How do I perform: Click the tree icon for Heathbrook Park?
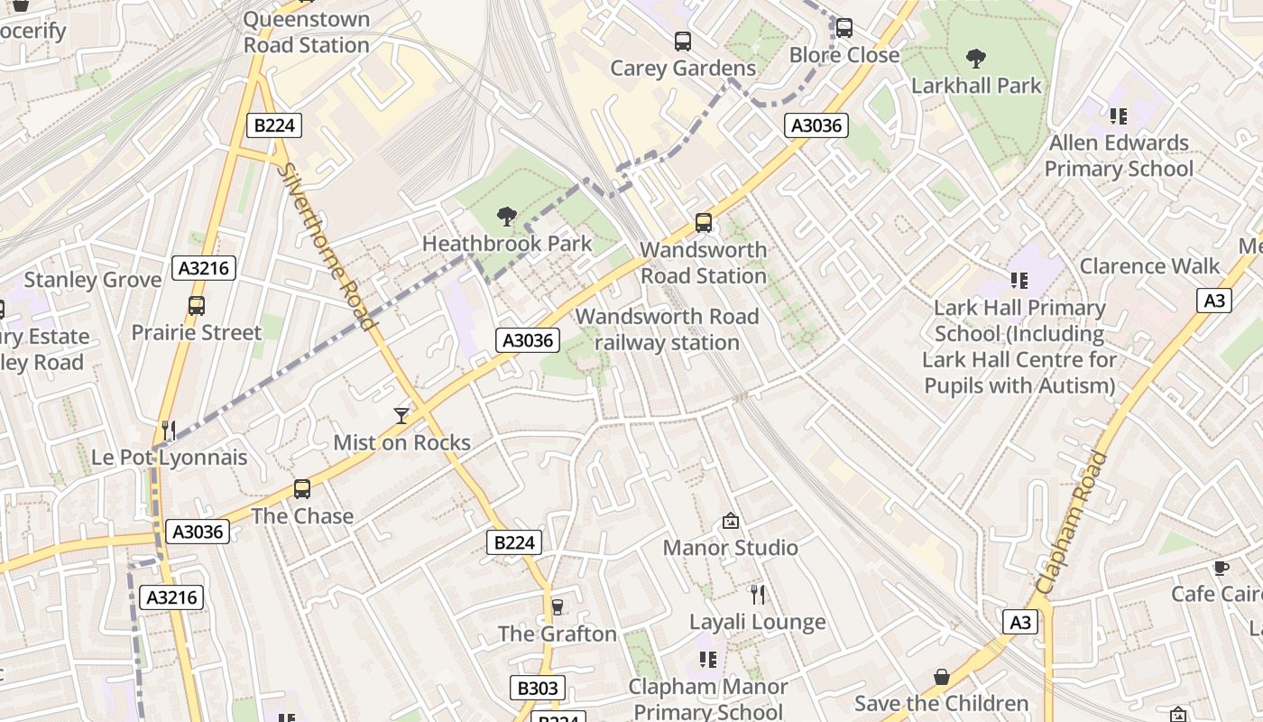[x=507, y=217]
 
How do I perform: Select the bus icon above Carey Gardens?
[x=683, y=42]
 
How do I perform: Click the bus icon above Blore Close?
[x=844, y=28]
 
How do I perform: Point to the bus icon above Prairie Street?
[x=197, y=306]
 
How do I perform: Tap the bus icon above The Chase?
[x=302, y=489]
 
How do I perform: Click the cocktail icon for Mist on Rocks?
[x=401, y=415]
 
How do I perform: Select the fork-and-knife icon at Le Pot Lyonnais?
[x=168, y=430]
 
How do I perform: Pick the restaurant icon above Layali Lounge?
[x=758, y=594]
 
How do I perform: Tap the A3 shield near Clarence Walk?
[x=1214, y=301]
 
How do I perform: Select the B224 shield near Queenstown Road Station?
[x=274, y=125]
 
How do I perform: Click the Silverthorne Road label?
[x=327, y=245]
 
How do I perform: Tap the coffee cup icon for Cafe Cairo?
[x=1221, y=568]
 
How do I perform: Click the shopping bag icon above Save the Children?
[x=942, y=676]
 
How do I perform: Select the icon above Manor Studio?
[x=731, y=521]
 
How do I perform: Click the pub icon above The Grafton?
[x=558, y=606]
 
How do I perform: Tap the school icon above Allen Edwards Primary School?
[x=1119, y=116]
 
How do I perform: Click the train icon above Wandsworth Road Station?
[x=704, y=222]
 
